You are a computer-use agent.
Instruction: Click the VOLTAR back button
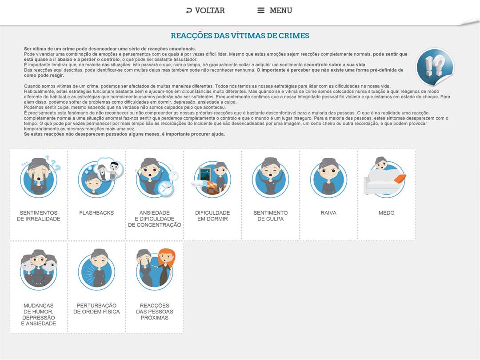[x=205, y=10]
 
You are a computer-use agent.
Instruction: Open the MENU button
[x=275, y=10]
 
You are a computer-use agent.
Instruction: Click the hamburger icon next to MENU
[x=261, y=10]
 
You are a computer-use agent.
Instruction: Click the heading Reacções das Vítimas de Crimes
[x=240, y=36]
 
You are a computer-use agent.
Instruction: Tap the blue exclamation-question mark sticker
[x=435, y=67]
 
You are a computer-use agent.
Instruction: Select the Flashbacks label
[x=96, y=213]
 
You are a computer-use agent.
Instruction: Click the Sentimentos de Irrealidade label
[x=39, y=216]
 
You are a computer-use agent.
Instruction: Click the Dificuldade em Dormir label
[x=212, y=216]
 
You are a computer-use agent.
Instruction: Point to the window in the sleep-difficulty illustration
[x=205, y=174]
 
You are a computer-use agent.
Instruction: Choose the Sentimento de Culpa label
[x=271, y=216]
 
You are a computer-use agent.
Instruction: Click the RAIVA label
[x=328, y=213]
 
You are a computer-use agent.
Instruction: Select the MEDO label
[x=386, y=213]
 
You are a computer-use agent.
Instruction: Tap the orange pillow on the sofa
[x=400, y=178]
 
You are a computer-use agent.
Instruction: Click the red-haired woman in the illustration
[x=166, y=267]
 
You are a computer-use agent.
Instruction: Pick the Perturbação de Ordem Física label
[x=96, y=308]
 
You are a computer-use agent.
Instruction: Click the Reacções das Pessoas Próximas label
[x=155, y=312]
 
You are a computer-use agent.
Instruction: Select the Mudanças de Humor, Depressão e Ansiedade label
[x=39, y=314]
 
